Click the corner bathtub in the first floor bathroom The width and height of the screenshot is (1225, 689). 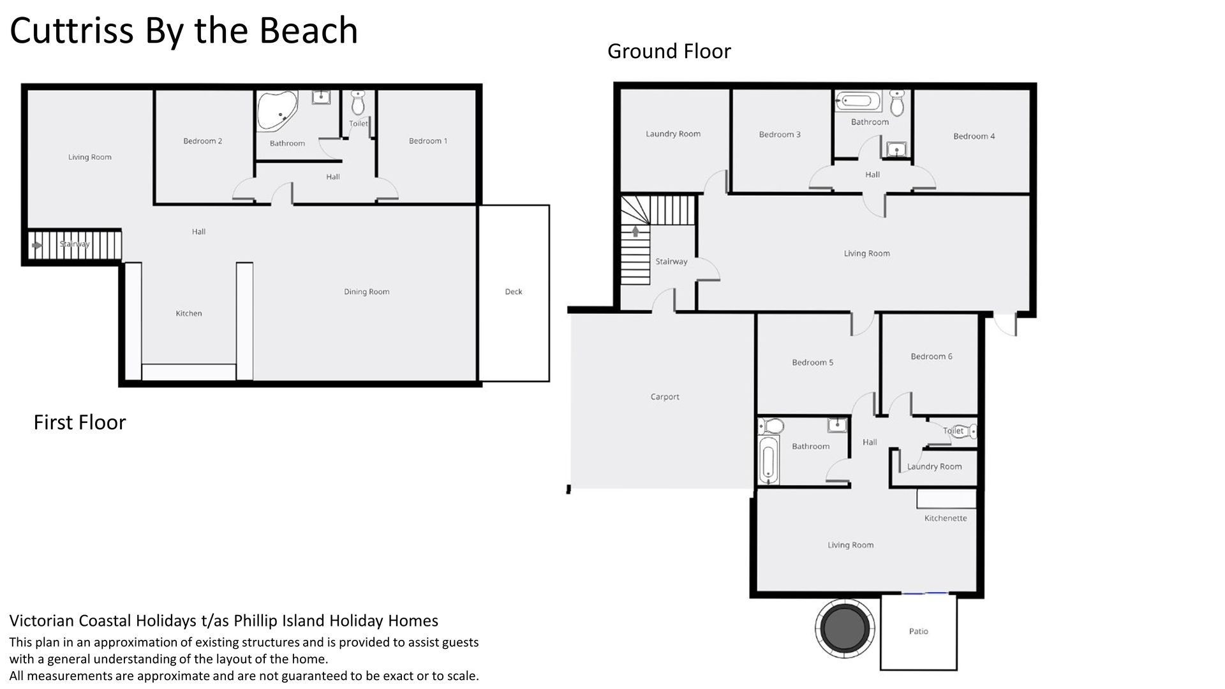pos(277,110)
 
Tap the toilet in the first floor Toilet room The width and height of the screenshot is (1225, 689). pos(358,101)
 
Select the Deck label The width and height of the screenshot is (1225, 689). pos(514,292)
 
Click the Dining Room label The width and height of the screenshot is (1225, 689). pos(367,292)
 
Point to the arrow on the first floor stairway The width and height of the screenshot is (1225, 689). pos(36,245)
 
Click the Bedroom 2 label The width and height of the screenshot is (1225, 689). pos(203,141)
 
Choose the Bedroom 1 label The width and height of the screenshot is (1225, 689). pos(428,141)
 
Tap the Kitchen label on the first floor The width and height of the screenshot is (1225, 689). pos(189,313)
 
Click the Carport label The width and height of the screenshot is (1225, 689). pos(665,397)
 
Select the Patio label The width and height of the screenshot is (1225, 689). pos(919,631)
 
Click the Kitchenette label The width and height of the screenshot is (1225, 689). pos(946,518)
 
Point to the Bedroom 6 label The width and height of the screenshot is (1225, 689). pos(932,357)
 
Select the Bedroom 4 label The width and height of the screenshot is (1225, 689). pos(974,136)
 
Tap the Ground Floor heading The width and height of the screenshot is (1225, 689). pos(669,51)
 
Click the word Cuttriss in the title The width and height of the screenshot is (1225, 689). pos(72,31)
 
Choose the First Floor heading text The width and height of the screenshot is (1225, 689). pos(80,422)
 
